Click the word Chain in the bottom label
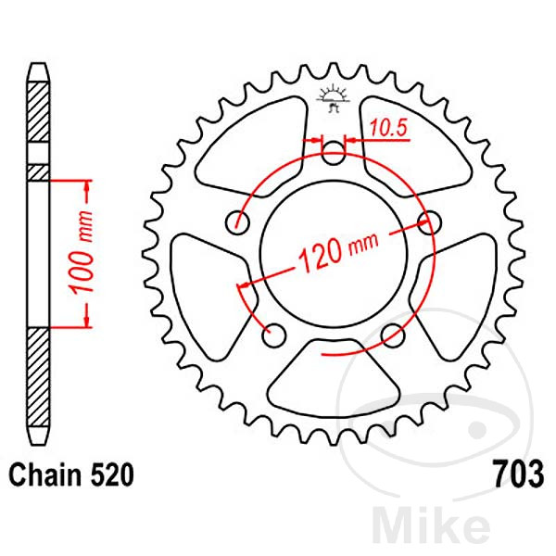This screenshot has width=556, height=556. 43,476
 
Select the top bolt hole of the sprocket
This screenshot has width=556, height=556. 333,152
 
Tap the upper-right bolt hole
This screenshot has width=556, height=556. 428,221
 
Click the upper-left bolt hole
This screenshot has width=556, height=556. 241,221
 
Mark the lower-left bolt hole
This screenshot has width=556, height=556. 273,331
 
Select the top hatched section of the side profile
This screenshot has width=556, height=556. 37,111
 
